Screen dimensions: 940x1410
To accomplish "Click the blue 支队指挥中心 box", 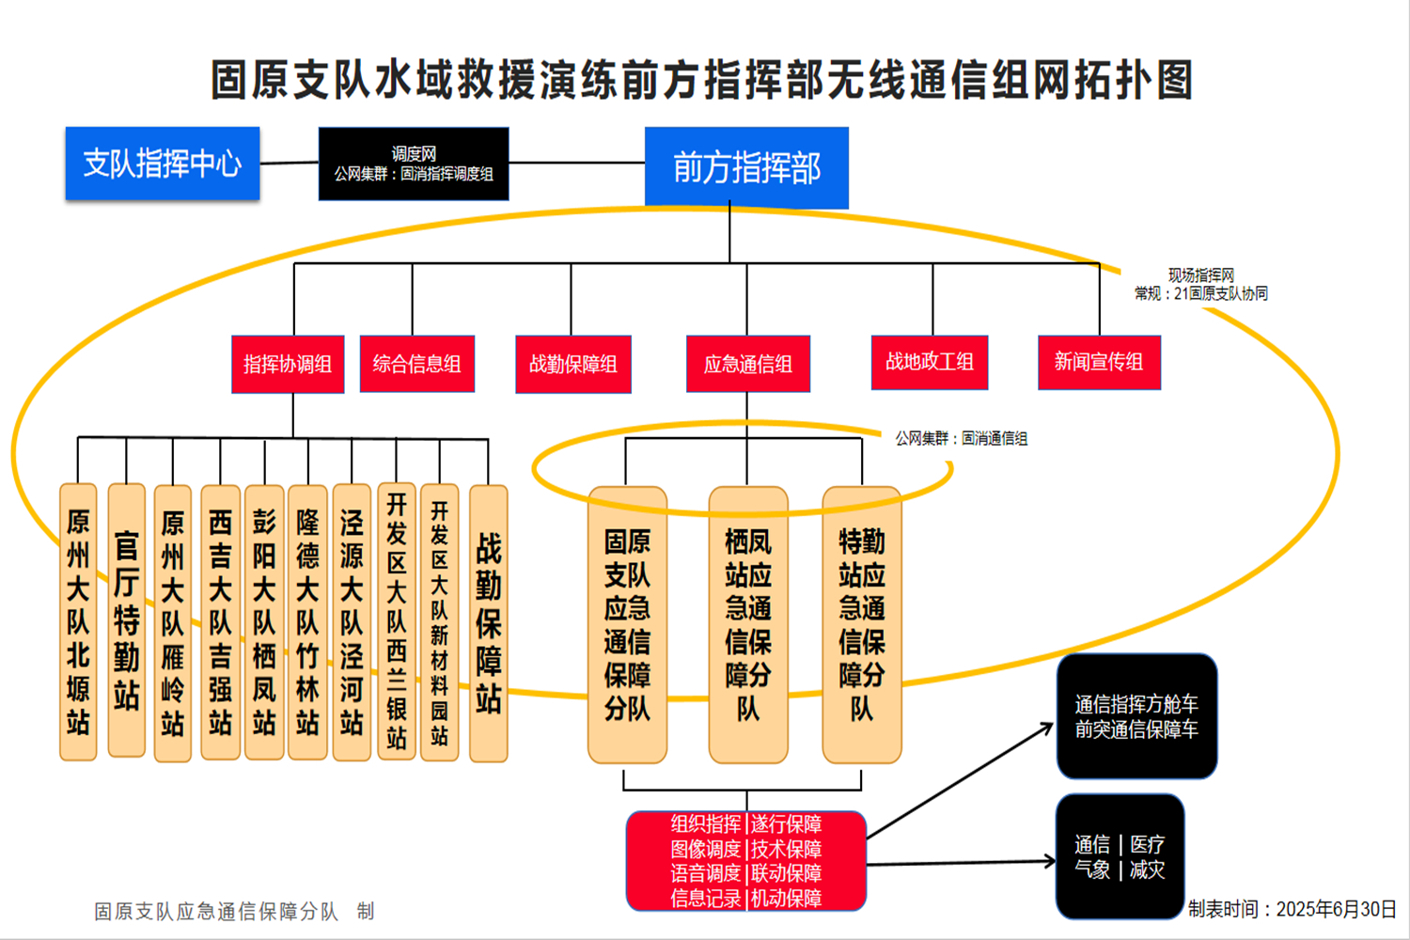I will (x=163, y=164).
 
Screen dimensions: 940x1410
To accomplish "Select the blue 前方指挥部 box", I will (x=746, y=167).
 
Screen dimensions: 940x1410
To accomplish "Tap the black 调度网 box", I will (x=414, y=164).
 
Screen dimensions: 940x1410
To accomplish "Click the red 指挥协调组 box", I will (x=288, y=364).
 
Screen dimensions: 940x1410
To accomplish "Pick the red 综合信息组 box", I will (x=416, y=364).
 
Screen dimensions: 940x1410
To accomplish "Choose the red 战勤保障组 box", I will (x=573, y=364).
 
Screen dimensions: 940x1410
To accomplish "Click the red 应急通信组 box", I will (x=748, y=364).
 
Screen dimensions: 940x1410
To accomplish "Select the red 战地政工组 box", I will (x=930, y=362).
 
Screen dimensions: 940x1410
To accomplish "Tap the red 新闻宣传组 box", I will (x=1099, y=362).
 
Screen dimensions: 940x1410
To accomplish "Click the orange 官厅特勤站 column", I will (x=127, y=620).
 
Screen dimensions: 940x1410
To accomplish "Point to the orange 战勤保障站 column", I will (x=488, y=622).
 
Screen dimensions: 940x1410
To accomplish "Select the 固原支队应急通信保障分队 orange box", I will (x=627, y=624).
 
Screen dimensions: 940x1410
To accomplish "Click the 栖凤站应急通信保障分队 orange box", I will (x=748, y=624).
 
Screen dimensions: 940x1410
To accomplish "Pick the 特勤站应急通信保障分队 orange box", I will (x=862, y=624).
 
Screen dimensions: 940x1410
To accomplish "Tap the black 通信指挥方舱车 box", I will (x=1136, y=716).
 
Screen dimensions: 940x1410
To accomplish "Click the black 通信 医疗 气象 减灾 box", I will (x=1120, y=856).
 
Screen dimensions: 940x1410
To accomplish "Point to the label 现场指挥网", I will (x=1200, y=275).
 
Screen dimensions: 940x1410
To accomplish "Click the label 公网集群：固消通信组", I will (x=961, y=438).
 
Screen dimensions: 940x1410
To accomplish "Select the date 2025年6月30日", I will (x=1336, y=909).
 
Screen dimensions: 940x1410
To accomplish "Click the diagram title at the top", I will (x=702, y=80).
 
